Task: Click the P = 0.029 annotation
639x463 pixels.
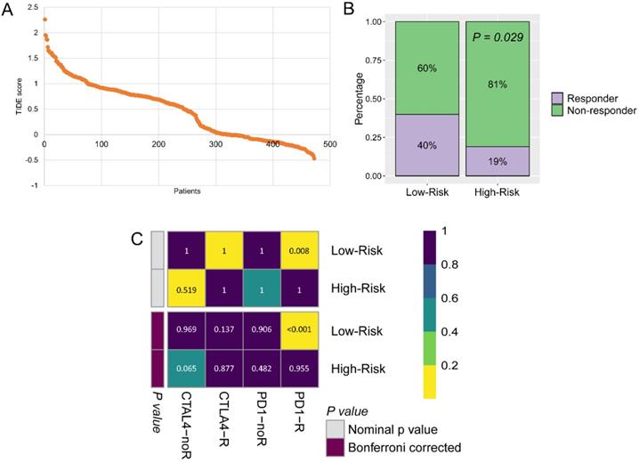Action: (503, 38)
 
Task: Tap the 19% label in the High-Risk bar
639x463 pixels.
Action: (504, 161)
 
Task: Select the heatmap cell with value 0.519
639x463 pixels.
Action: (186, 289)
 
